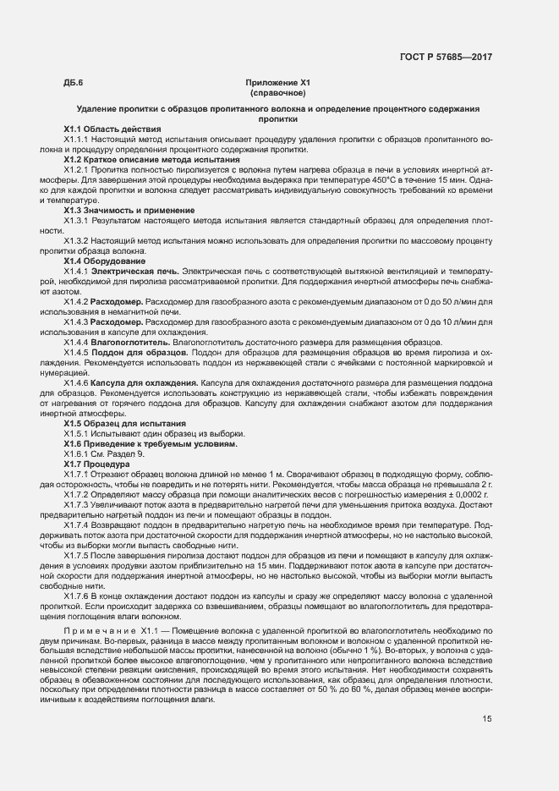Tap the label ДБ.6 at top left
(73, 82)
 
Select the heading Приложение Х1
(279, 82)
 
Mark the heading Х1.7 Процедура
(97, 464)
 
